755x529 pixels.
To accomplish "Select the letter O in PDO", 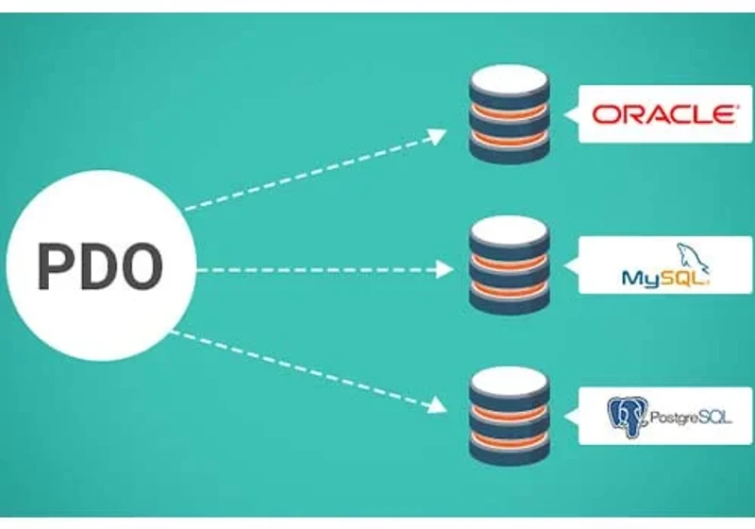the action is pyautogui.click(x=140, y=266).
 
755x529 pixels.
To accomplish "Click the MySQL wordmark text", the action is pyautogui.click(x=665, y=278).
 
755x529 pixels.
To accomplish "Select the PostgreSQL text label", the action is pyautogui.click(x=691, y=418).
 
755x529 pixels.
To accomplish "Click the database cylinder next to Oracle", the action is pyautogui.click(x=510, y=114).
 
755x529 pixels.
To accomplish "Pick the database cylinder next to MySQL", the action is pyautogui.click(x=510, y=265).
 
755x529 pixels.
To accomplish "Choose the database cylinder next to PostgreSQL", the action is pyautogui.click(x=510, y=417).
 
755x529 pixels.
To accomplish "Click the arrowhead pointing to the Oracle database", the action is pyautogui.click(x=437, y=136).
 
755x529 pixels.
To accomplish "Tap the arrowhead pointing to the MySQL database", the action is pyautogui.click(x=444, y=269).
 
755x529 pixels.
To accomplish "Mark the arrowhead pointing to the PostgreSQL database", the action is pyautogui.click(x=437, y=404).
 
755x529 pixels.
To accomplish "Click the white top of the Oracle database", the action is pyautogui.click(x=510, y=79).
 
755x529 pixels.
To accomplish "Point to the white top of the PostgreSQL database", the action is pyautogui.click(x=510, y=381).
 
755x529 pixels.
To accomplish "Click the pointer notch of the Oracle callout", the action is pyautogui.click(x=571, y=114).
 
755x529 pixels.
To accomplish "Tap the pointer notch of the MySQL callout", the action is pyautogui.click(x=571, y=265).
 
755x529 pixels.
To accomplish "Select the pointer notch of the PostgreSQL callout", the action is pyautogui.click(x=571, y=417).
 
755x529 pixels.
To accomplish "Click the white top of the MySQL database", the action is pyautogui.click(x=510, y=230).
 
